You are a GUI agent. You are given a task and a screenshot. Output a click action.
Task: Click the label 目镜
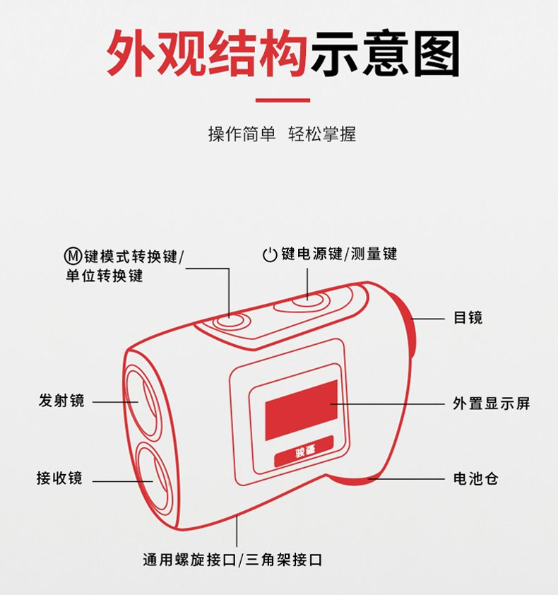coord(468,317)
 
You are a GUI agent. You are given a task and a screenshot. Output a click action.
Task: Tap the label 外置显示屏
coord(491,403)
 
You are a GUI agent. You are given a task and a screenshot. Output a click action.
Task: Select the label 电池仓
coord(475,479)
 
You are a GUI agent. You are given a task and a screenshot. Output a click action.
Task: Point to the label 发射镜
coord(61,401)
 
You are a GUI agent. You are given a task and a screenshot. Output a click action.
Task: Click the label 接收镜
coord(59,478)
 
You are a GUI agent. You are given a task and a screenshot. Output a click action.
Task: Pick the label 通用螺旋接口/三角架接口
coord(232,560)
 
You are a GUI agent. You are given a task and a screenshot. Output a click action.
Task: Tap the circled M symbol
coord(73,256)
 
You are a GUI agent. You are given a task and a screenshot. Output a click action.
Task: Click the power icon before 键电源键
coord(270,254)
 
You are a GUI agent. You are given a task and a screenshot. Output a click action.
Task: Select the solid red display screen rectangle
coord(302,410)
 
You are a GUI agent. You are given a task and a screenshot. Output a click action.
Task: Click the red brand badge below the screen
coord(304,452)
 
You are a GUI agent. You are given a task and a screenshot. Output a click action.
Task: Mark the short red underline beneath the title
coord(283,100)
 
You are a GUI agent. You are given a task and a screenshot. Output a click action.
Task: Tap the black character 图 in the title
coord(437,53)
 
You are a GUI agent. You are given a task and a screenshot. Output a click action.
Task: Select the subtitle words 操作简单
coord(242,134)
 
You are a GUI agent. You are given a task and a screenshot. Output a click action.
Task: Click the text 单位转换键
coord(105,276)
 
